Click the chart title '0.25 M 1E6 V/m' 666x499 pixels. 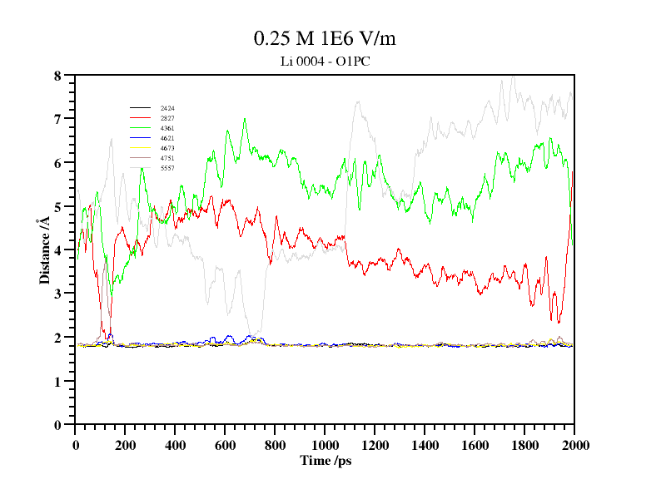coord(330,38)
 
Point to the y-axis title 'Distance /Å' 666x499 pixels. coord(43,249)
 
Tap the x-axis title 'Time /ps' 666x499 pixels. coord(326,460)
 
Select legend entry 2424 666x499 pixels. coord(167,109)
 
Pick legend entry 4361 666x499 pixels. coord(167,128)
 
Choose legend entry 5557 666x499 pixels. coord(167,168)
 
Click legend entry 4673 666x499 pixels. coord(167,148)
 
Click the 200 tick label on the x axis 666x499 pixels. coord(125,445)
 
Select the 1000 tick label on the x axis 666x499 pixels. coord(325,445)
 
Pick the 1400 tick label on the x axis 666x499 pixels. coord(425,445)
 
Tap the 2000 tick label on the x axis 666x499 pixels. coord(574,445)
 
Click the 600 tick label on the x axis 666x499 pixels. coord(225,445)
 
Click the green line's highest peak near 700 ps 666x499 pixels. coord(245,118)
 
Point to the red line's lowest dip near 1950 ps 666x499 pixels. coord(559,322)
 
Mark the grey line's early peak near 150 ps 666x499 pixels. coord(111,139)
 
